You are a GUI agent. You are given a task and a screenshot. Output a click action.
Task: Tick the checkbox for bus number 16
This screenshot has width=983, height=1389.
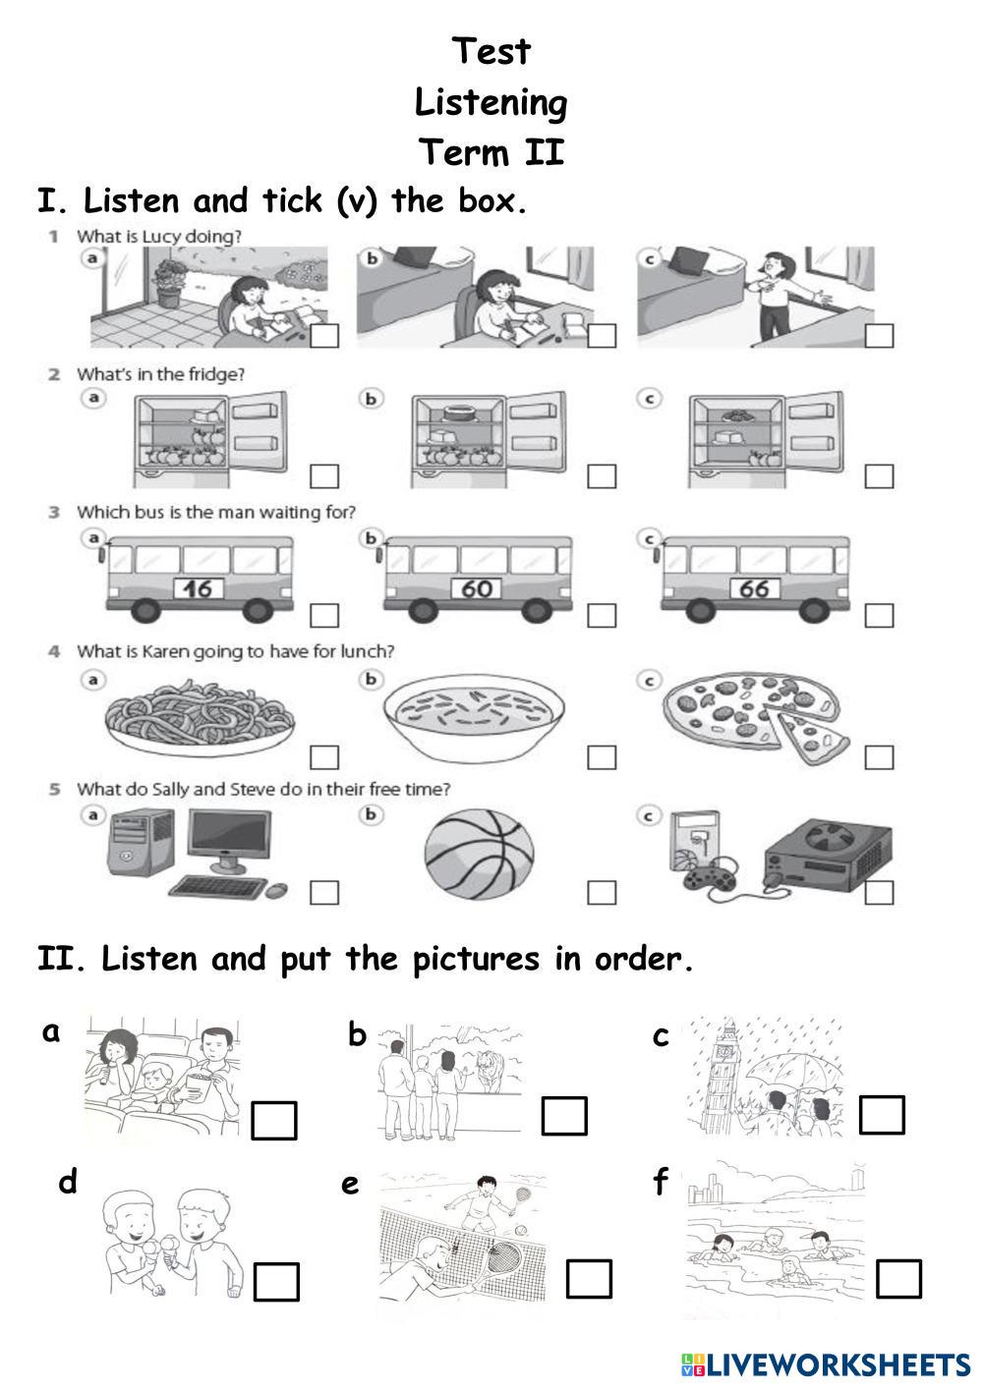pyautogui.click(x=324, y=615)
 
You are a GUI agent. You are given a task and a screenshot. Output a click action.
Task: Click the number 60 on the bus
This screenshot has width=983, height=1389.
pyautogui.click(x=476, y=588)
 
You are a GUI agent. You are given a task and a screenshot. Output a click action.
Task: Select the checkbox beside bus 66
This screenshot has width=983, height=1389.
pyautogui.click(x=879, y=615)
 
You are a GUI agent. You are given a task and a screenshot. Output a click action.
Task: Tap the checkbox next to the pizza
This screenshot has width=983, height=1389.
pyautogui.click(x=879, y=757)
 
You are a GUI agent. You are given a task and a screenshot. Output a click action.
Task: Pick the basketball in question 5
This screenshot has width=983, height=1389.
pyautogui.click(x=479, y=855)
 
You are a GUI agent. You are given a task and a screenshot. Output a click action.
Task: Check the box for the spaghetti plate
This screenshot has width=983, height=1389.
pyautogui.click(x=324, y=757)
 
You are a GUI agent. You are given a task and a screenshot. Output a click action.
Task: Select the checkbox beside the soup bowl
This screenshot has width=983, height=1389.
pyautogui.click(x=602, y=757)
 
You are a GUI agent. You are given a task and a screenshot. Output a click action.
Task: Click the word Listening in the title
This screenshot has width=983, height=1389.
pyautogui.click(x=491, y=103)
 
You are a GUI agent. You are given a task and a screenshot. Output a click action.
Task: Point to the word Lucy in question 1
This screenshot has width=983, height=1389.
pyautogui.click(x=161, y=237)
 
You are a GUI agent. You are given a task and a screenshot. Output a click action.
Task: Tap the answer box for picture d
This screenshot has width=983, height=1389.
pyautogui.click(x=277, y=1282)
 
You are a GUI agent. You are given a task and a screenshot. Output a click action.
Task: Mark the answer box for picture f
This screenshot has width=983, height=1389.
pyautogui.click(x=898, y=1279)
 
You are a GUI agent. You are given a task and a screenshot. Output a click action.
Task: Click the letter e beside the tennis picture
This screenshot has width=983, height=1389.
pyautogui.click(x=350, y=1185)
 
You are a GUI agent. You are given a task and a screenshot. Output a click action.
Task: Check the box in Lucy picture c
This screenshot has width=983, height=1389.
pyautogui.click(x=879, y=336)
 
